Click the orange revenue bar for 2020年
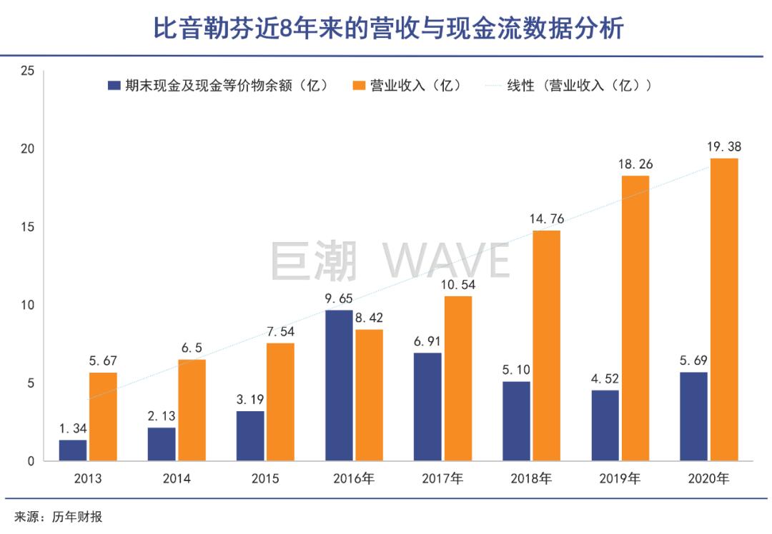[724, 310]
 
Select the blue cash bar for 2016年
[339, 386]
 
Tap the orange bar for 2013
[103, 417]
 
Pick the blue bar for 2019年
[605, 425]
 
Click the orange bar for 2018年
[547, 346]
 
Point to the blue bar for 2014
[162, 444]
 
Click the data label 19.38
[723, 147]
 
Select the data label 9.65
[339, 299]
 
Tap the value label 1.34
[74, 428]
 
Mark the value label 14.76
[547, 219]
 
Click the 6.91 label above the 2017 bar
[427, 341]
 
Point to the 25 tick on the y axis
[28, 71]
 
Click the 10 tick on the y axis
[28, 306]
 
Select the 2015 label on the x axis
[265, 478]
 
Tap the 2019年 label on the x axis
[620, 478]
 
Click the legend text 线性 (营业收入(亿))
[579, 85]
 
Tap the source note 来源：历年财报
[59, 517]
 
